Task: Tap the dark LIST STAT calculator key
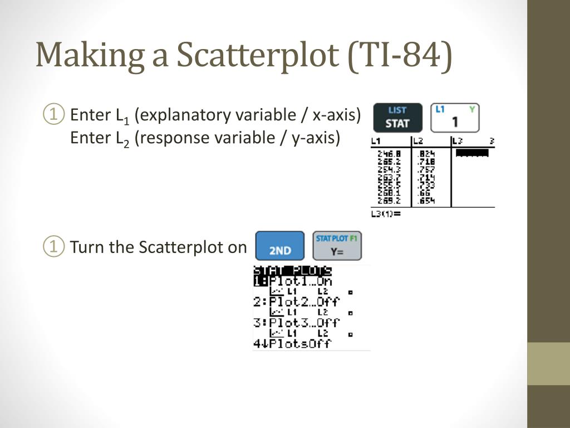click(x=397, y=118)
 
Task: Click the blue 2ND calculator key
click(x=280, y=246)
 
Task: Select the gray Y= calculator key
click(x=337, y=246)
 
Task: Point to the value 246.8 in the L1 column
click(x=390, y=153)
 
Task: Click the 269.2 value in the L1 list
click(x=390, y=201)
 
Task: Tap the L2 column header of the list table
click(x=418, y=141)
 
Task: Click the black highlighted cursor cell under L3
click(x=472, y=153)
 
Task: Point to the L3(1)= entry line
click(x=386, y=213)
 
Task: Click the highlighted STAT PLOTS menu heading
click(x=293, y=271)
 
